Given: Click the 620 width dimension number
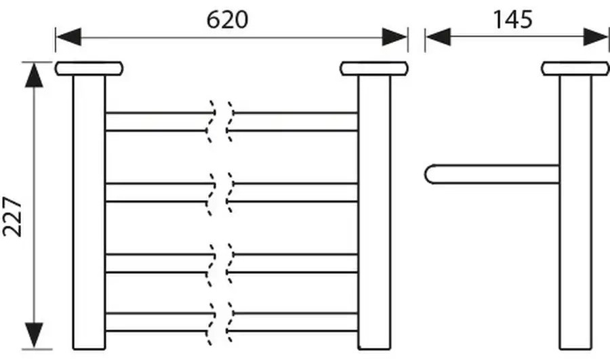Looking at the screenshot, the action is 227,20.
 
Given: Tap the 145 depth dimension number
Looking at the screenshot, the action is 513,20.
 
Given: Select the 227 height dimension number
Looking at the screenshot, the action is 12,217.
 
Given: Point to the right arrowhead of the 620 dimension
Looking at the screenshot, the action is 394,37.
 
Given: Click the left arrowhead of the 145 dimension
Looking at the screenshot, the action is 439,37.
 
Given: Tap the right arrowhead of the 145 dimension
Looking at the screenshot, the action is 596,37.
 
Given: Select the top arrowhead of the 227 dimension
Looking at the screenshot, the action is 35,75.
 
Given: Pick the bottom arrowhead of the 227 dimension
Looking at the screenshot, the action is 35,335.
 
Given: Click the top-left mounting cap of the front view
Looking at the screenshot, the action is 89,68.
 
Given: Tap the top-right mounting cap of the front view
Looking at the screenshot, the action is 374,68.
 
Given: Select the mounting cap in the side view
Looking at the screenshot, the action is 575,68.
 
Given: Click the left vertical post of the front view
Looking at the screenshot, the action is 89,212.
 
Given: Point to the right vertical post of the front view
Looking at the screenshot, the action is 374,212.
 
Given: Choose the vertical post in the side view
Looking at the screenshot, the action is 575,212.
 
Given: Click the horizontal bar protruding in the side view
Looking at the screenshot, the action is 492,174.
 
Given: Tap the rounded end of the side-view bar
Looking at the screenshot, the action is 427,174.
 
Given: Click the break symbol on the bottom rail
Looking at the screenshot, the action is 220,323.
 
